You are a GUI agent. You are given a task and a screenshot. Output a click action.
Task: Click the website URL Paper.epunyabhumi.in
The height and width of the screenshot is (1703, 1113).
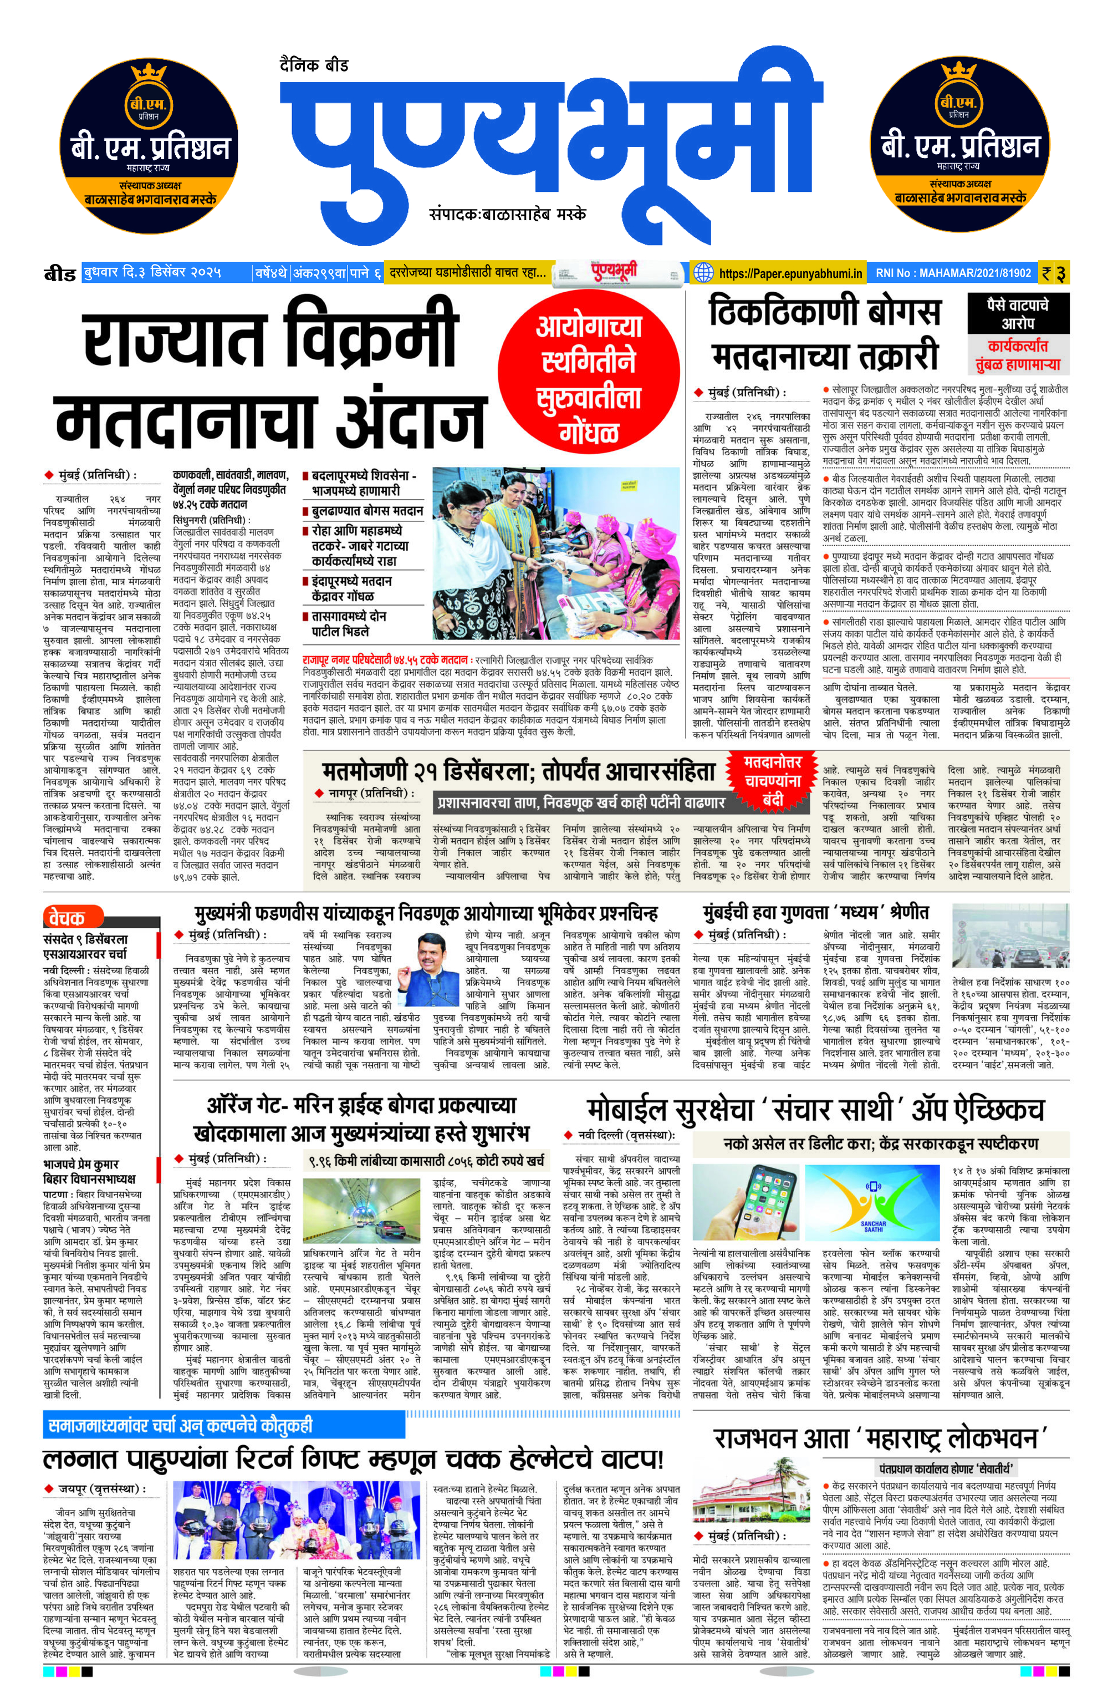coord(790,273)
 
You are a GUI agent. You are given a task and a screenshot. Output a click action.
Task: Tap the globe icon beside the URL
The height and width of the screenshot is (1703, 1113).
coord(704,273)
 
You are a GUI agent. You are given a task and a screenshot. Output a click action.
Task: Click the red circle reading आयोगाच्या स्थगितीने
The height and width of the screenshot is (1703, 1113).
coord(588,379)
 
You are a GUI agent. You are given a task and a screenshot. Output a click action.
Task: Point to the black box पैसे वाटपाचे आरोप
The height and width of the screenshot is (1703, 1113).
coord(1017,313)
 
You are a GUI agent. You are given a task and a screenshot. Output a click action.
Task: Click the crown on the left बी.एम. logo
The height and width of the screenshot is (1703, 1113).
coord(148,74)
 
